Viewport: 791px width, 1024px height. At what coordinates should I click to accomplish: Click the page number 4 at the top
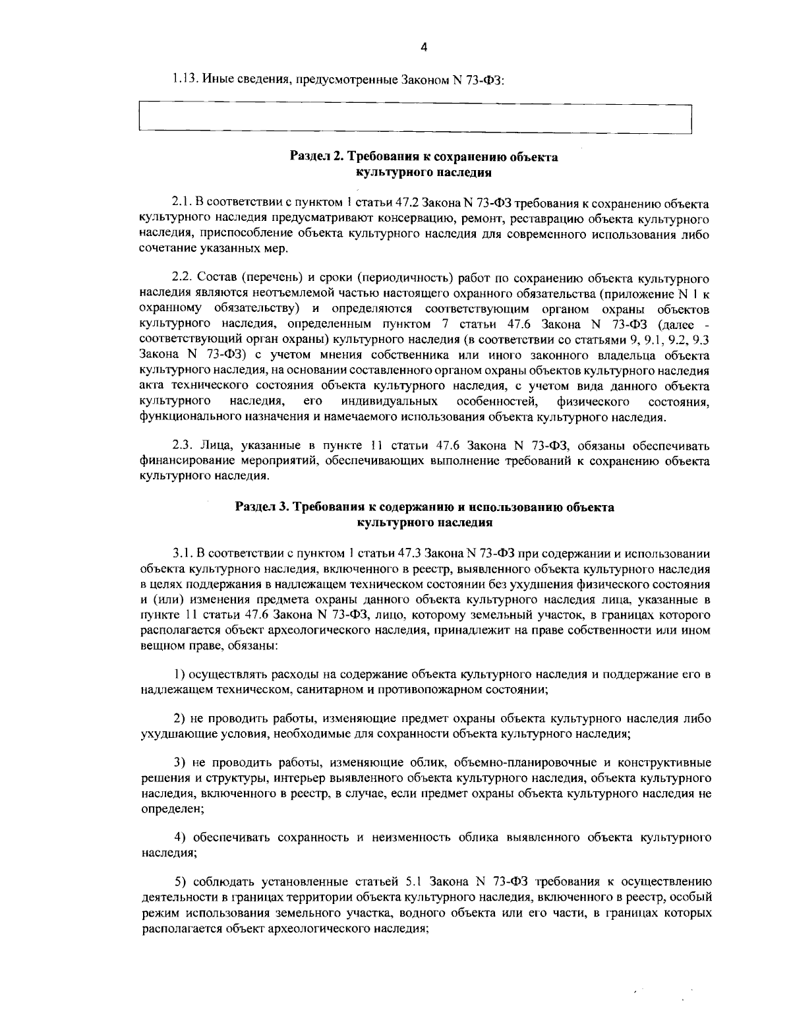click(424, 47)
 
